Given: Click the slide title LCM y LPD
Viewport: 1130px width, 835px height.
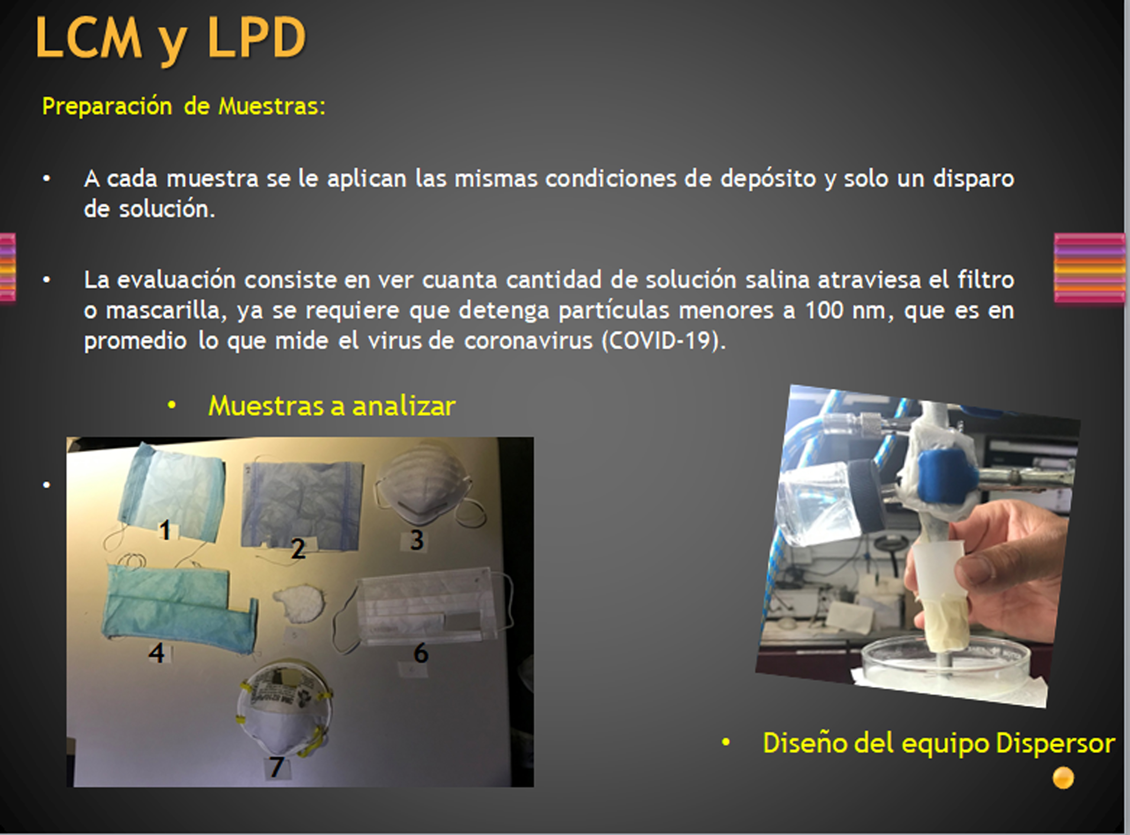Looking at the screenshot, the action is tap(171, 38).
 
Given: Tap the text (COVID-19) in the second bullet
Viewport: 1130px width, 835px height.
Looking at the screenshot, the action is tap(663, 341).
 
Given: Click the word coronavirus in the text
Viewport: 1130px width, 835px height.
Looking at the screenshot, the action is tap(528, 341).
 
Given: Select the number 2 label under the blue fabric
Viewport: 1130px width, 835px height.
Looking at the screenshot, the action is tap(298, 549).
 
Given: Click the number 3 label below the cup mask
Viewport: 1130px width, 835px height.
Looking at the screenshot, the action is tap(417, 540).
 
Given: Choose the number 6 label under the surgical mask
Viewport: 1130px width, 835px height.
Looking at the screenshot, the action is tap(421, 653).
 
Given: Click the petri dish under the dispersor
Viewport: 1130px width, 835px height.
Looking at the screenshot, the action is tap(945, 665).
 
